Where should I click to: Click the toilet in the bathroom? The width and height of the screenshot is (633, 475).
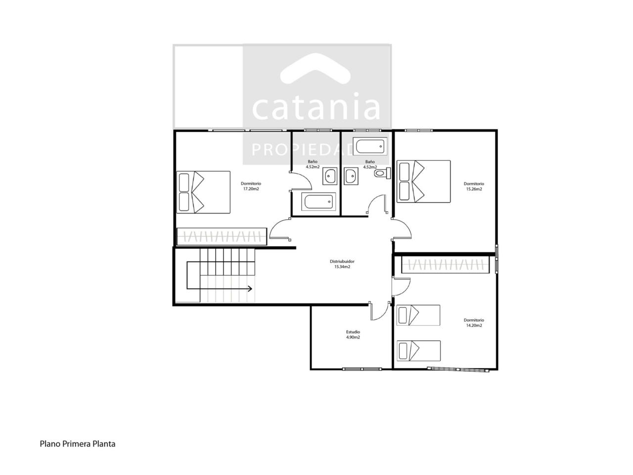(382, 173)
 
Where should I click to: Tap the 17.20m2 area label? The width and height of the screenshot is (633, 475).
(251, 189)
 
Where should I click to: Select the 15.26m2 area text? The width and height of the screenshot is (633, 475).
(474, 189)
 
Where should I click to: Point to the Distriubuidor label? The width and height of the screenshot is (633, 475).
(342, 261)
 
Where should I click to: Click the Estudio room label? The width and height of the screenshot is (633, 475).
(353, 332)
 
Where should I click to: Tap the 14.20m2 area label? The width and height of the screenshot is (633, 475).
(474, 325)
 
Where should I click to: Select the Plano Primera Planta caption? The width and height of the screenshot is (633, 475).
(78, 444)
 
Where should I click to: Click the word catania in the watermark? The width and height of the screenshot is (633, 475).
(316, 106)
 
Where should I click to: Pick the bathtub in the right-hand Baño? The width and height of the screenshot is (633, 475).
(370, 146)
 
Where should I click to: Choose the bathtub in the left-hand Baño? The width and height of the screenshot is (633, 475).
(318, 201)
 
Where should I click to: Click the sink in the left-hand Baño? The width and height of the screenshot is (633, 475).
(330, 176)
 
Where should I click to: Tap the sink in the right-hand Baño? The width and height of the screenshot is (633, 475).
(351, 176)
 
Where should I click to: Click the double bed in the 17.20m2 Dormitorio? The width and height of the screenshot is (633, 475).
(203, 192)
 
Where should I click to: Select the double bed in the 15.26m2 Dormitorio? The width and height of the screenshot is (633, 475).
(424, 182)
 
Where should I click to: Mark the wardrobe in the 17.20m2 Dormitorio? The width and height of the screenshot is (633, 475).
(222, 237)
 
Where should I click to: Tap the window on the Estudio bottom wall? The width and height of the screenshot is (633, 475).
(362, 369)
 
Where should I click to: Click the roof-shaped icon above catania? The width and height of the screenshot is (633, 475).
(316, 69)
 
